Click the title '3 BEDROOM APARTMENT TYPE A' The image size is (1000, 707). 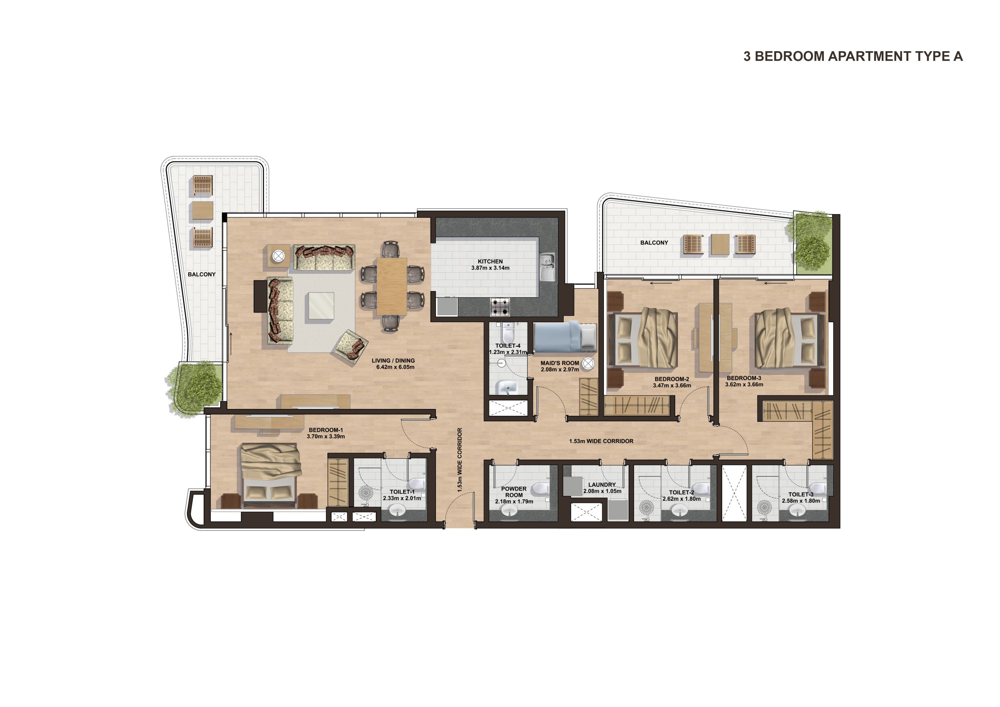853,56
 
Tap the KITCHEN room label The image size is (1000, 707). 490,261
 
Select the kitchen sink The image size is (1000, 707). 547,267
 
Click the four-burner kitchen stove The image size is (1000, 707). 500,307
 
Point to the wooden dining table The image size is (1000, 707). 392,286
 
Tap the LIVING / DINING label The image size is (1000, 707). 393,361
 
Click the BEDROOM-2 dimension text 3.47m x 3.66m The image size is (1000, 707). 671,385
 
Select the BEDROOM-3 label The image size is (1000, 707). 744,378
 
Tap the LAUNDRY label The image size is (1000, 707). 602,484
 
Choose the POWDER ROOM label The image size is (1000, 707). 514,492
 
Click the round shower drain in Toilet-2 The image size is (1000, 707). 646,507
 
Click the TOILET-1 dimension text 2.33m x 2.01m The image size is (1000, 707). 402,498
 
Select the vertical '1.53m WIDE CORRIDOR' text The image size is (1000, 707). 459,460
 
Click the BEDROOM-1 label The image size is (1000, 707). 326,430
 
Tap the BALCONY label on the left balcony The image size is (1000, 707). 202,275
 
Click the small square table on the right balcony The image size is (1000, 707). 720,245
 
